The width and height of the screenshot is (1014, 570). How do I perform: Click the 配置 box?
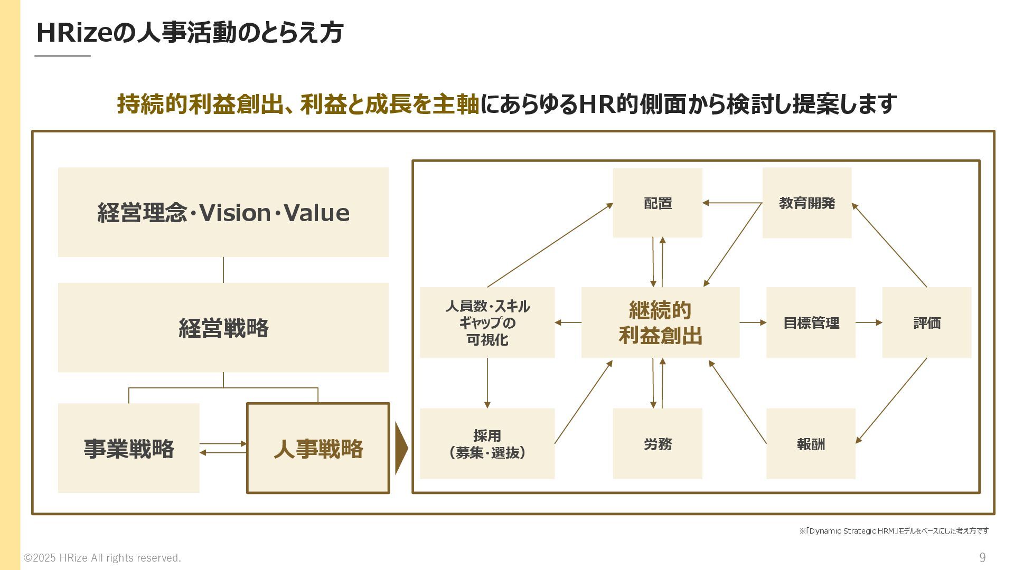658,203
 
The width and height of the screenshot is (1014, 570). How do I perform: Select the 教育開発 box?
806,203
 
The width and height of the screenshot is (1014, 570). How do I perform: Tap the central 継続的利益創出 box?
660,322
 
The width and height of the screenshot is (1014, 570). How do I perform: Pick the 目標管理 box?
811,322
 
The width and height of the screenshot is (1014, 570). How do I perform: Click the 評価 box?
926,322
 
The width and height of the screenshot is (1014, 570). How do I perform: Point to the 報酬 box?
811,443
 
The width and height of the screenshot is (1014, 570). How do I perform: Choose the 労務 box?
658,443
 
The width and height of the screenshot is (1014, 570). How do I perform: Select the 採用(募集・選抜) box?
487,443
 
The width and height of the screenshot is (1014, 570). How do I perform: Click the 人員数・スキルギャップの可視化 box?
487,322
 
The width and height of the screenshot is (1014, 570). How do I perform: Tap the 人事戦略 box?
318,448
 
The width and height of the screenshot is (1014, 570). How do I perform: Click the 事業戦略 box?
128,448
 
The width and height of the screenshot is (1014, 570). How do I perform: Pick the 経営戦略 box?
223,327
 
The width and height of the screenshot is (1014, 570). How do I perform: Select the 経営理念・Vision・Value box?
223,212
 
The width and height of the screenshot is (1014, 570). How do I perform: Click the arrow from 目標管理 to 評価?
869,322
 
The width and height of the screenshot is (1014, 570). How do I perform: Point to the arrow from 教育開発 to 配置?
732,203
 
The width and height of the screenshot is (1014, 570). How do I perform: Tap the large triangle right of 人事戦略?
401,448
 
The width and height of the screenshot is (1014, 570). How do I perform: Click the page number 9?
982,557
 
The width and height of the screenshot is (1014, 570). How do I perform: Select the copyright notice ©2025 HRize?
102,558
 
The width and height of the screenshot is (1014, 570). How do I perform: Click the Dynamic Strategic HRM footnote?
894,531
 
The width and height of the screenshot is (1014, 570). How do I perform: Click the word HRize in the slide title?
74,33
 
